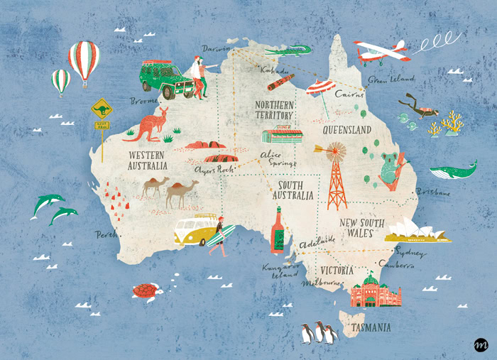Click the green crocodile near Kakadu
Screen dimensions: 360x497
290,50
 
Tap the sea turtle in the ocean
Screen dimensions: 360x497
145,291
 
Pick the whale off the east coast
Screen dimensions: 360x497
452,172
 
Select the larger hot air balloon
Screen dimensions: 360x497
84,60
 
